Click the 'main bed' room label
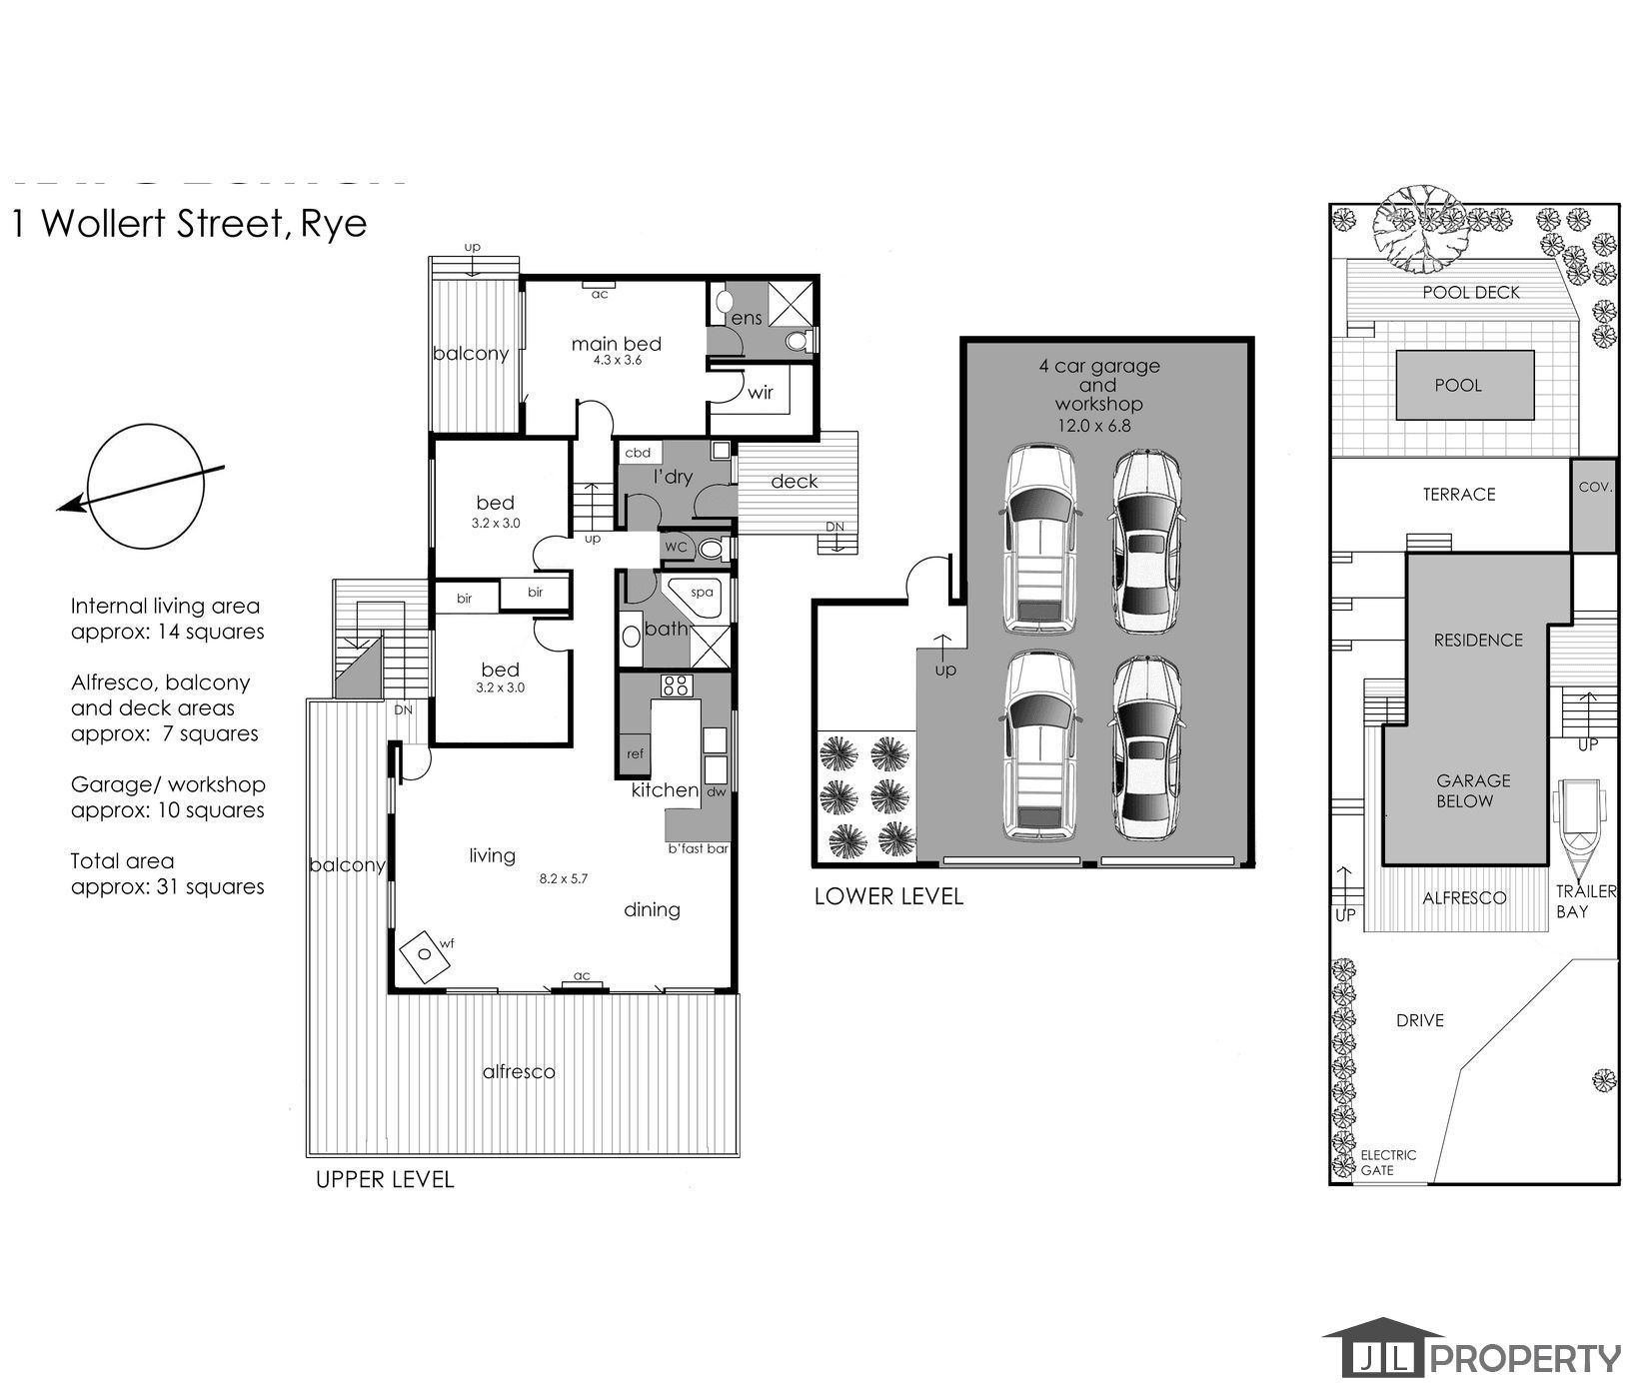click(x=616, y=344)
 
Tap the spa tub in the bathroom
click(x=697, y=600)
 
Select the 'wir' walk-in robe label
click(x=761, y=393)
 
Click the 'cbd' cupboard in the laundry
click(x=638, y=453)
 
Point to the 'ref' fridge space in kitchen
click(x=635, y=753)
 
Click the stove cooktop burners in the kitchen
click(x=676, y=686)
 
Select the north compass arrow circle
click(x=146, y=487)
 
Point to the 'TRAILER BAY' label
click(x=1586, y=900)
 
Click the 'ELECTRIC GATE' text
click(x=1387, y=1162)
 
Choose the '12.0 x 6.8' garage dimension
click(x=1095, y=425)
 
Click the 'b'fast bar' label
click(x=698, y=848)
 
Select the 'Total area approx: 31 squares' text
click(x=168, y=873)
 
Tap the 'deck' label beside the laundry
click(x=795, y=482)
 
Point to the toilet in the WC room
click(x=711, y=548)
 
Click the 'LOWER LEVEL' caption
click(x=888, y=896)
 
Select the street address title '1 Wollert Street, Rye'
click(x=189, y=223)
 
